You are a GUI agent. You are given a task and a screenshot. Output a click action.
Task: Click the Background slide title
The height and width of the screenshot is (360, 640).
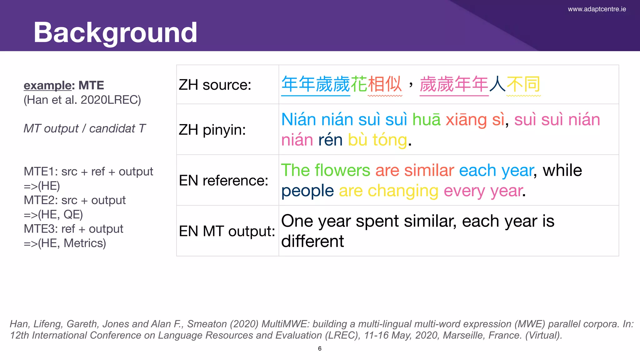pyautogui.click(x=115, y=32)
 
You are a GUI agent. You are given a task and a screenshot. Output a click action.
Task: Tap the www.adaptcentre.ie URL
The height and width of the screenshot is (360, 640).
pyautogui.click(x=597, y=9)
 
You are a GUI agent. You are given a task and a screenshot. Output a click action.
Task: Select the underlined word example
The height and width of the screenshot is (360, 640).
pyautogui.click(x=47, y=85)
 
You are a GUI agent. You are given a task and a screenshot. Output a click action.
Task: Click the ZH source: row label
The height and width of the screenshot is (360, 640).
pyautogui.click(x=215, y=85)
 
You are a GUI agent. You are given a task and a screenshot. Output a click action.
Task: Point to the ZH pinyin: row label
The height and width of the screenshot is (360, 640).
pyautogui.click(x=212, y=130)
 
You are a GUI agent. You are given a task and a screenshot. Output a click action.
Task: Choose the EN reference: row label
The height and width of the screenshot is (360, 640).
pyautogui.click(x=223, y=180)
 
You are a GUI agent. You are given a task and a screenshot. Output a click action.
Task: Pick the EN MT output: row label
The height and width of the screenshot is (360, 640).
pyautogui.click(x=227, y=231)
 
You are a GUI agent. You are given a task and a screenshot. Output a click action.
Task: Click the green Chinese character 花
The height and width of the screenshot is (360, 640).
pyautogui.click(x=359, y=84)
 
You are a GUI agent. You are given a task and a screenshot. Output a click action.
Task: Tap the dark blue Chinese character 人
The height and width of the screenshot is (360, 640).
pyautogui.click(x=497, y=84)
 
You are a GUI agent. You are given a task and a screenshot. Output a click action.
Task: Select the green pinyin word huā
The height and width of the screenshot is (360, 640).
pyautogui.click(x=426, y=120)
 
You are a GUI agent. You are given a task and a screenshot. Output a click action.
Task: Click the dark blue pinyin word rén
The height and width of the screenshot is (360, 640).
pyautogui.click(x=330, y=140)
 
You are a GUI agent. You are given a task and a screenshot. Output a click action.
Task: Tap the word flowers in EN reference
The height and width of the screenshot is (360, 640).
pyautogui.click(x=342, y=171)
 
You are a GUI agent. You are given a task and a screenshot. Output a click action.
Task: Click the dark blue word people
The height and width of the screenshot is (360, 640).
pyautogui.click(x=307, y=191)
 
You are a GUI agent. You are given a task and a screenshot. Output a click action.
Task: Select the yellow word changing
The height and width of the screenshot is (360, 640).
pyautogui.click(x=403, y=191)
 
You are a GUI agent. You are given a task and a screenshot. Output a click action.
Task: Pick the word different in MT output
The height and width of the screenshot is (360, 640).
pyautogui.click(x=312, y=241)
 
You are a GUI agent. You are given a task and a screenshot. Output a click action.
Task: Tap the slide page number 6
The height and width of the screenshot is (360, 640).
pyautogui.click(x=320, y=348)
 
